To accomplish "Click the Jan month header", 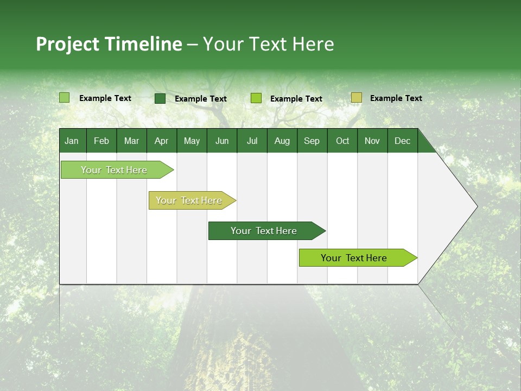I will [x=72, y=141].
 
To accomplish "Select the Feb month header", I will [x=101, y=141].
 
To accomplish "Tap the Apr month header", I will [x=161, y=141].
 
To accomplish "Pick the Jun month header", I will [x=222, y=141].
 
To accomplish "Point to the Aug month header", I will [x=282, y=141].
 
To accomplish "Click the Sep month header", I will [x=312, y=141].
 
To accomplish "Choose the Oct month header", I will [x=342, y=141].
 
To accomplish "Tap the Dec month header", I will [x=402, y=141].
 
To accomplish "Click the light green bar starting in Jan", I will [x=114, y=170].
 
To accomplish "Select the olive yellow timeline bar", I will [x=189, y=200].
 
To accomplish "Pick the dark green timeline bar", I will [x=264, y=231].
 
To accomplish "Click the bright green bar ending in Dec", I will [x=354, y=258].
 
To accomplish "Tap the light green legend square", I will [x=64, y=98].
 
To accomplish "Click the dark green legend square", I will [x=160, y=98].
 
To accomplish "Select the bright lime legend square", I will [x=256, y=98].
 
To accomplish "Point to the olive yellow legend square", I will [x=356, y=98].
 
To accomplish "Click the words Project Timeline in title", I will [x=109, y=44].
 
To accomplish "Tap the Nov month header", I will [x=372, y=141].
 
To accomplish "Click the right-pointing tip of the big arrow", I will [x=475, y=206].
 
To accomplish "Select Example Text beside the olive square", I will [x=396, y=98].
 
